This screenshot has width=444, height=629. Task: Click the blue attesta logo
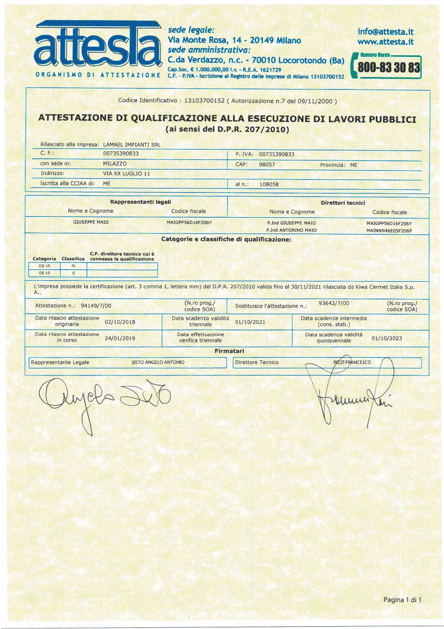click(x=98, y=46)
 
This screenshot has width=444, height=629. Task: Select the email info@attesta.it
click(x=386, y=31)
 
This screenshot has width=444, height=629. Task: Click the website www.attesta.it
click(x=386, y=41)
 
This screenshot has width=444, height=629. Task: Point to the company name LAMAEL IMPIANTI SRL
click(x=132, y=145)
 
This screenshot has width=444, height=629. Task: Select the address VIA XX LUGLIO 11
click(x=126, y=173)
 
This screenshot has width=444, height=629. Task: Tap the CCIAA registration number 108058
click(x=269, y=184)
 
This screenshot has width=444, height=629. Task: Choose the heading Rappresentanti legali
click(x=133, y=202)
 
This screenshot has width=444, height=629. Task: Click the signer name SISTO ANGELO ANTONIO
click(x=158, y=362)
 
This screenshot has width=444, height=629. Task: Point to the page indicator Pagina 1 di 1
click(x=402, y=599)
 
